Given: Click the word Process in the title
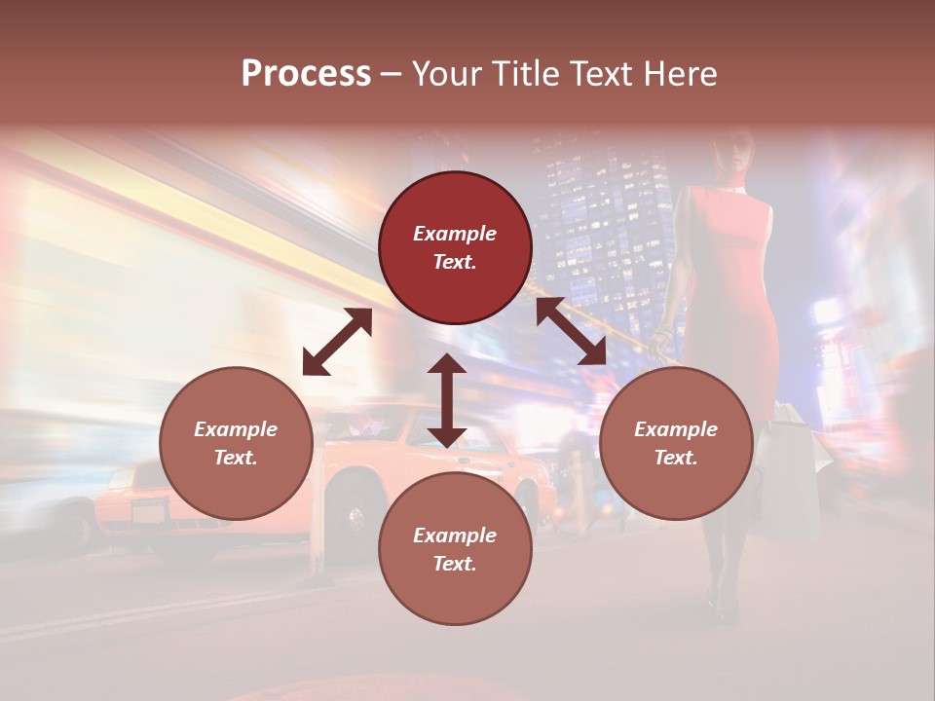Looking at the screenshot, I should (x=306, y=74).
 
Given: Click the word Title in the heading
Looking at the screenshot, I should (x=525, y=74).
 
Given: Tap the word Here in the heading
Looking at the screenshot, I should (x=679, y=74).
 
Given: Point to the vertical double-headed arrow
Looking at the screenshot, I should (x=447, y=400).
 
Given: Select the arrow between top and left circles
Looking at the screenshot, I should (x=337, y=342).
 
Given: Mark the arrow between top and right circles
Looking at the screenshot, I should (x=572, y=331).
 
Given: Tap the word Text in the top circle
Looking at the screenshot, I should (x=455, y=262).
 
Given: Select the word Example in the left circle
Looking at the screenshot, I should (x=236, y=429).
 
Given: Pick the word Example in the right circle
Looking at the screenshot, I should (x=676, y=429).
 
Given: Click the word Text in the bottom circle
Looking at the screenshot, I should (x=455, y=564).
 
